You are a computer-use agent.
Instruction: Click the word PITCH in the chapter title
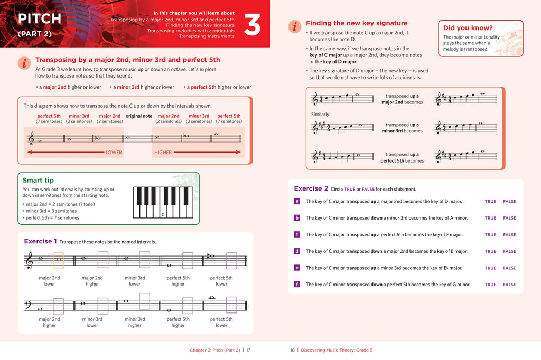coord(40,19)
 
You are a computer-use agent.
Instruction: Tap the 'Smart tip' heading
coord(39,180)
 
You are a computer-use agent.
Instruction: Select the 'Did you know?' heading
coord(468,28)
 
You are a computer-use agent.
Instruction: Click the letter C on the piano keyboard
coord(163,214)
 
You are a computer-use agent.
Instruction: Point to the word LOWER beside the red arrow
coord(114,153)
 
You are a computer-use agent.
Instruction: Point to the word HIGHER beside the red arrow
coord(163,153)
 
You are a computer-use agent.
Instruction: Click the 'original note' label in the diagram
coord(139,116)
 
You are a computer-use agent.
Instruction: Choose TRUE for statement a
coord(490,201)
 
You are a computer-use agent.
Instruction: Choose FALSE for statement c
coord(509,235)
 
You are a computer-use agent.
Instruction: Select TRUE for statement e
coord(490,268)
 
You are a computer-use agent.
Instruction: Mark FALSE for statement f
coord(509,285)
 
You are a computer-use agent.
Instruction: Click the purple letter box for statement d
coord(297,251)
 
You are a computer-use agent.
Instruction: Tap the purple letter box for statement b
coord(297,217)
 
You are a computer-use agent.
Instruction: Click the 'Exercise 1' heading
coord(41,241)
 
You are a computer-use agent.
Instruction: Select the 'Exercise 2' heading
coord(311,188)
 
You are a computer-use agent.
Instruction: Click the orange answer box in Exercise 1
coord(59,260)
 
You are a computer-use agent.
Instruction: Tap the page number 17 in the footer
coord(248,350)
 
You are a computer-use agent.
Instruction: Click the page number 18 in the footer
coord(293,350)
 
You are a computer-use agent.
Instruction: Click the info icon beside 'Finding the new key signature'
coord(294,26)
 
